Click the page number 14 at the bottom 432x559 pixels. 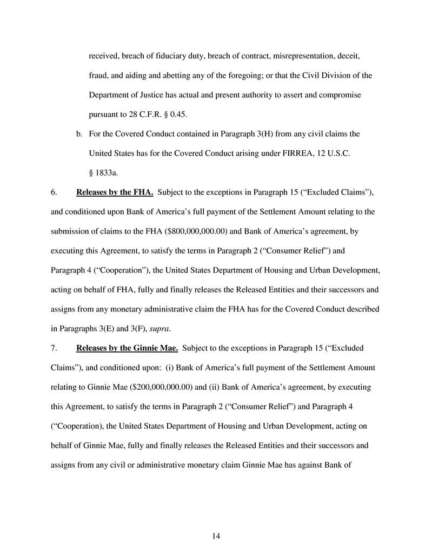216,536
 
